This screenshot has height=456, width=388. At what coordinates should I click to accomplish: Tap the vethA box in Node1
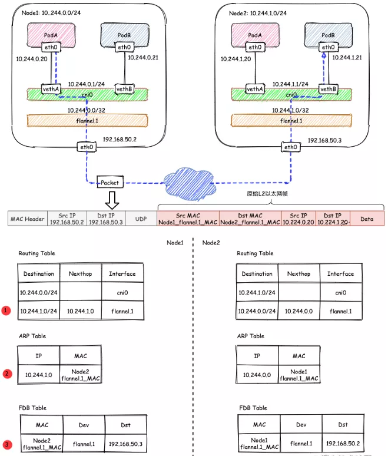point(51,89)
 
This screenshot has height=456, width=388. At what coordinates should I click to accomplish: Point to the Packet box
point(110,183)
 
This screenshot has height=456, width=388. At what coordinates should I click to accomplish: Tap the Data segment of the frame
point(367,219)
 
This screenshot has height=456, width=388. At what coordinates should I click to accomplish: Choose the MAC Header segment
point(28,219)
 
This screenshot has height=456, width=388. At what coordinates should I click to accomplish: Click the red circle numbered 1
point(7,310)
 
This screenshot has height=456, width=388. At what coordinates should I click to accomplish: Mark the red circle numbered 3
point(7,444)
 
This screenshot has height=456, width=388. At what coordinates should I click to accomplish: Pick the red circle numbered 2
point(7,374)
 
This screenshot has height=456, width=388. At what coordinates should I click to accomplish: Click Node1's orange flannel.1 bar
point(87,121)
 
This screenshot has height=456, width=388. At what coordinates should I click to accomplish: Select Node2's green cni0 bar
point(291,94)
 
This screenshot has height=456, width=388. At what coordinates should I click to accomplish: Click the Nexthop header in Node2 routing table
point(299,274)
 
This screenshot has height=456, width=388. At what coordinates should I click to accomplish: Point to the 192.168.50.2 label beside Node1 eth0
point(120,140)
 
